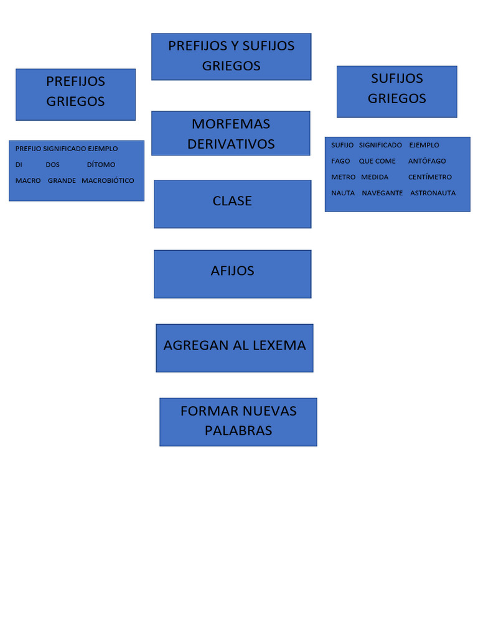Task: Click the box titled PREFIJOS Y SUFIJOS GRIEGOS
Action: pyautogui.click(x=231, y=56)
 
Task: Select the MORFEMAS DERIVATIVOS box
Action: pyautogui.click(x=231, y=133)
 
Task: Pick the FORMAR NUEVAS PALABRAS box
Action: pyautogui.click(x=238, y=422)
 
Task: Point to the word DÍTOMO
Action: pyautogui.click(x=101, y=165)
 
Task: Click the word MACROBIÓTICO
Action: pyautogui.click(x=108, y=180)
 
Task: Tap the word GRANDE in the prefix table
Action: pyautogui.click(x=62, y=180)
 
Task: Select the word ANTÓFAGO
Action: pyautogui.click(x=427, y=161)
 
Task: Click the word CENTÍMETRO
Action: pyautogui.click(x=430, y=177)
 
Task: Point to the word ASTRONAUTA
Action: pyautogui.click(x=433, y=193)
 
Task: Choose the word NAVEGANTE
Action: pyautogui.click(x=382, y=193)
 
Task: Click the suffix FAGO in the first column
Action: pyautogui.click(x=340, y=161)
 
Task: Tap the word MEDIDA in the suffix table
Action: pyautogui.click(x=375, y=177)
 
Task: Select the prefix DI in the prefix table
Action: pyautogui.click(x=19, y=165)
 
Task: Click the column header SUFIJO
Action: pyautogui.click(x=342, y=145)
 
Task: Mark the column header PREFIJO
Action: pyautogui.click(x=28, y=149)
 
